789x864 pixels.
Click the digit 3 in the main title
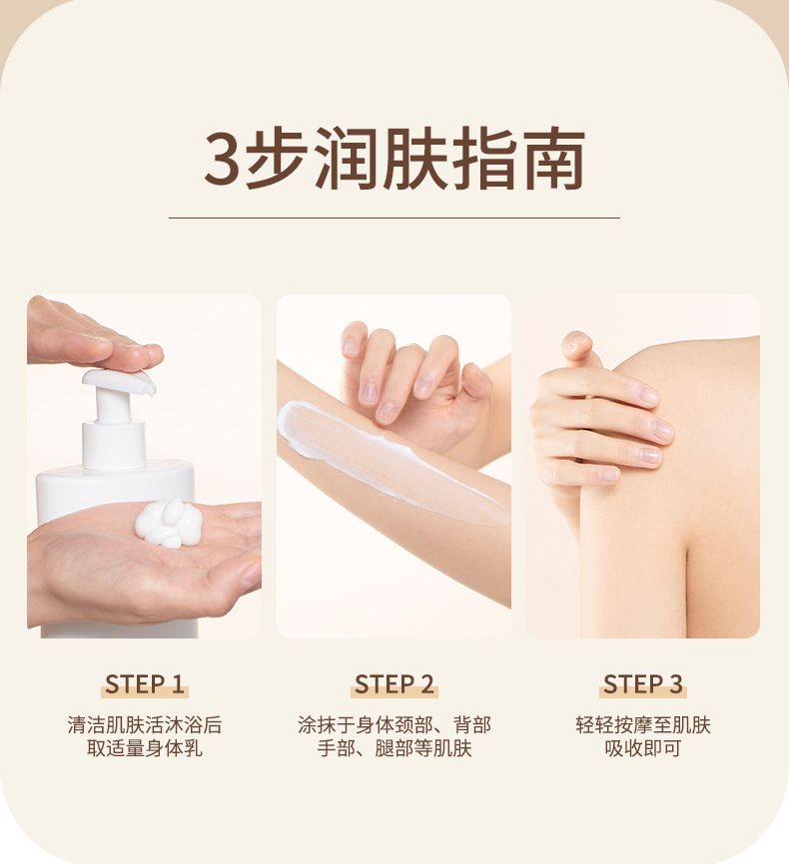tap(224, 159)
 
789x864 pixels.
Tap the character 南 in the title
tap(554, 159)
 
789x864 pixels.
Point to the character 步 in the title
tap(277, 159)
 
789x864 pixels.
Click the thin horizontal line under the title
tap(394, 217)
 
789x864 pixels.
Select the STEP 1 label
tap(145, 684)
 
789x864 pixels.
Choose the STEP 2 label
tap(394, 684)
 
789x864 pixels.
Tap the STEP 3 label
tap(643, 684)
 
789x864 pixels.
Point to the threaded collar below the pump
tap(114, 445)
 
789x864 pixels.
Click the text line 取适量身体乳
tap(145, 748)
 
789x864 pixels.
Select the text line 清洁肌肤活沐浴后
tap(145, 724)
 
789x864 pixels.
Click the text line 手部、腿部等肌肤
tap(394, 748)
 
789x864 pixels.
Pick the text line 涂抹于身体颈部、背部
tap(394, 724)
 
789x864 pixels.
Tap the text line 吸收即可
tap(643, 748)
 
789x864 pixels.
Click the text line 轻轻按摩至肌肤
tap(643, 724)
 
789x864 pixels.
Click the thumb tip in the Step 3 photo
tap(575, 341)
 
